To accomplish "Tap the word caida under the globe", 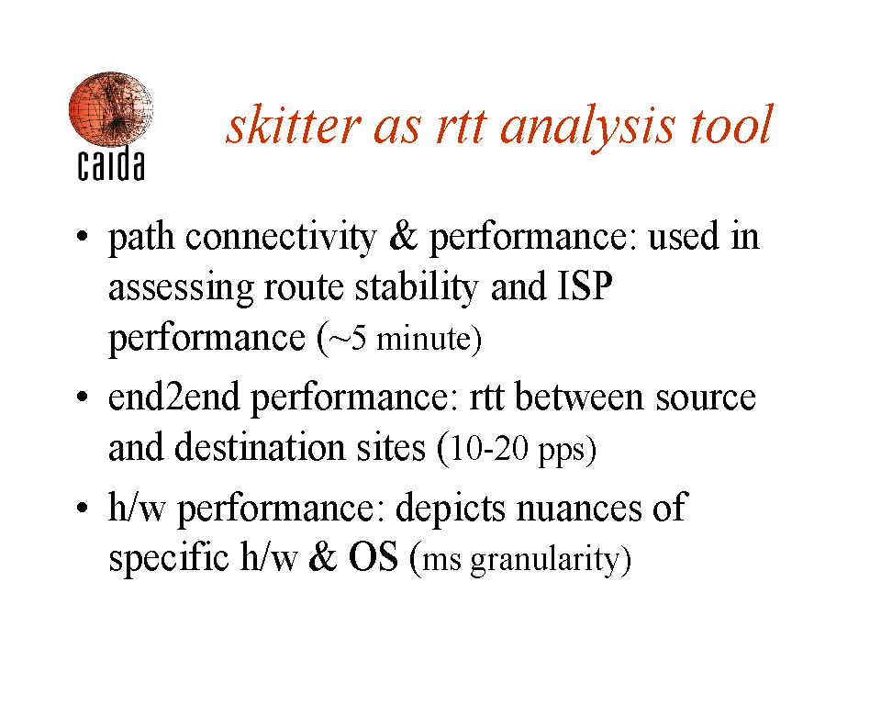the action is tap(111, 164).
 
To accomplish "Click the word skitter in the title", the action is tap(294, 125).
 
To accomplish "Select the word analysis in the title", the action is tap(586, 128).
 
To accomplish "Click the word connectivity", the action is tap(281, 238).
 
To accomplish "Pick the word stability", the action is tap(417, 288).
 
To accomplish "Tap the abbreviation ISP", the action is tap(585, 285).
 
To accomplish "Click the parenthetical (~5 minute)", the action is tap(399, 339).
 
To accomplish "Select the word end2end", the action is tap(174, 397).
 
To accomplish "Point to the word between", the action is tap(579, 397).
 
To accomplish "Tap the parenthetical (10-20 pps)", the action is tap(517, 449).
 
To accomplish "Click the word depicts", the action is tap(451, 509).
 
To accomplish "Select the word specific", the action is tap(169, 558).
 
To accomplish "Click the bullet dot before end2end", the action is tap(83, 397).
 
